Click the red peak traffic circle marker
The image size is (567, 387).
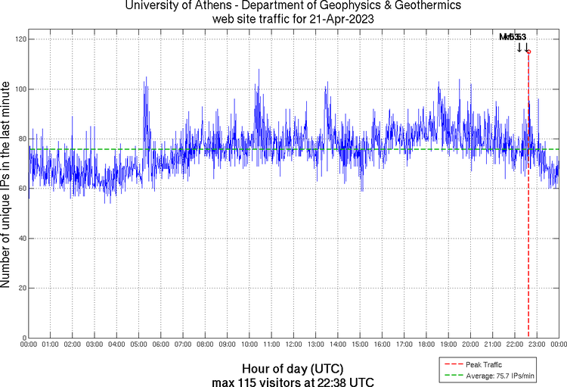click(528, 51)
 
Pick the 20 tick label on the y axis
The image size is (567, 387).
click(21, 289)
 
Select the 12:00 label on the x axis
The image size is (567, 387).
click(293, 345)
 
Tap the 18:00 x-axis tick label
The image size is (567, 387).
click(426, 345)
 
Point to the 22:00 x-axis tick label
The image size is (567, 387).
click(515, 345)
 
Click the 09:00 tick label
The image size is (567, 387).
click(228, 345)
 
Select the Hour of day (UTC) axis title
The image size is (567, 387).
click(293, 367)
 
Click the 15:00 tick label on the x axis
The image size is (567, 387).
click(360, 345)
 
